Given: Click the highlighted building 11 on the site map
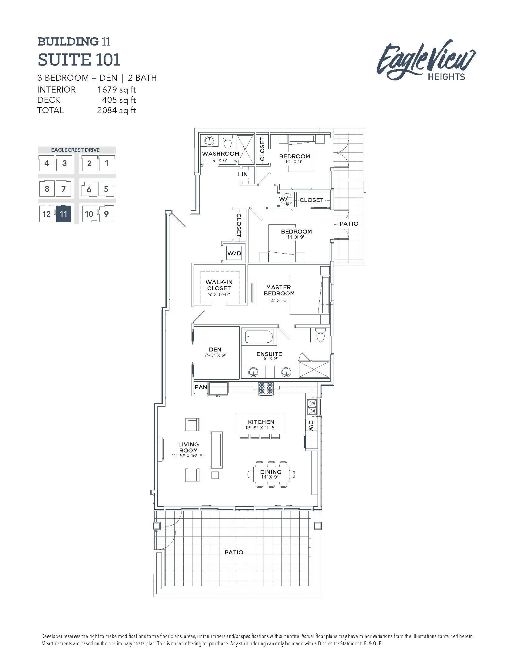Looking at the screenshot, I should click(63, 214).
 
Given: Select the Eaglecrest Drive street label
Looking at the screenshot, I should click(75, 150).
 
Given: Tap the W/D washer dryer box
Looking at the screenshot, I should click(234, 253).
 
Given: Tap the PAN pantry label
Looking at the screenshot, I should click(201, 387).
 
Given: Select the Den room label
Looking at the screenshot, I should click(215, 349).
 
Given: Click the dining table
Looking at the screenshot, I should click(271, 474).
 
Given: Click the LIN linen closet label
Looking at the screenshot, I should click(243, 174).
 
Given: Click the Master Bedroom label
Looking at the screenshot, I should click(279, 290).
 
